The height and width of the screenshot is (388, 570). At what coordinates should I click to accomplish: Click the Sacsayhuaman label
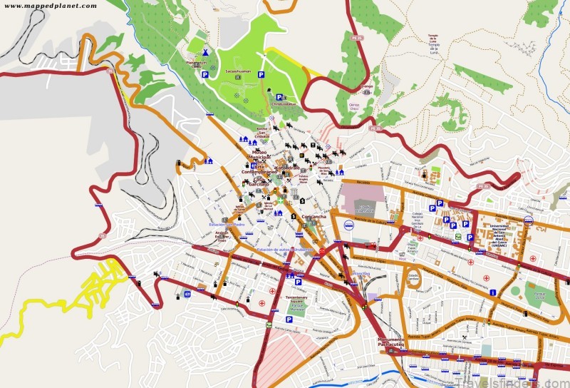pyautogui.click(x=238, y=72)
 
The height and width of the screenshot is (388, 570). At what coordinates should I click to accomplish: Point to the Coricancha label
pyautogui.click(x=313, y=217)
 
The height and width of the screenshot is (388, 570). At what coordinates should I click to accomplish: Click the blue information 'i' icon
pyautogui.click(x=493, y=292)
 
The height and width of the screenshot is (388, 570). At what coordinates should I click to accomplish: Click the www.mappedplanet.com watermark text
pyautogui.click(x=49, y=6)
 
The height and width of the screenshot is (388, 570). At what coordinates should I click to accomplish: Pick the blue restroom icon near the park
pyautogui.click(x=187, y=293)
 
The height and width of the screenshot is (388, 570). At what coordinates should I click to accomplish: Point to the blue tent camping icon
pyautogui.click(x=205, y=52)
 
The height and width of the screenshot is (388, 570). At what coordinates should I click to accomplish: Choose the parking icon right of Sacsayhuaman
pyautogui.click(x=261, y=73)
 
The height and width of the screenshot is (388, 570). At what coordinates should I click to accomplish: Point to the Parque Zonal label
pyautogui.click(x=541, y=292)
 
